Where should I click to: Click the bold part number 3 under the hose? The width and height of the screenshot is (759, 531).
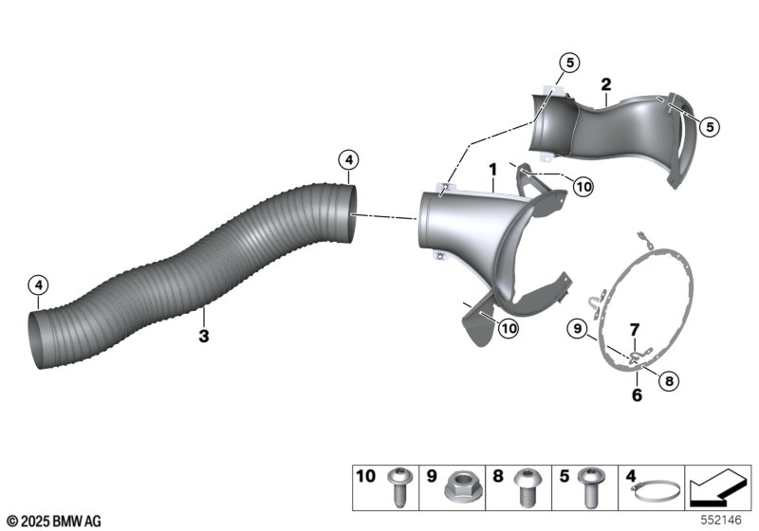click(204, 335)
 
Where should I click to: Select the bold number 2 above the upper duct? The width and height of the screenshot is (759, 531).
click(606, 84)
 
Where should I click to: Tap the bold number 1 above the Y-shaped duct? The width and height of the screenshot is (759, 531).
click(493, 170)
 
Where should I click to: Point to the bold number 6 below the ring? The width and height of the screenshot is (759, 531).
click(637, 395)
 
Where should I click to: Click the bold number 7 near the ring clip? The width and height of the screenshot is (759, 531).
click(634, 330)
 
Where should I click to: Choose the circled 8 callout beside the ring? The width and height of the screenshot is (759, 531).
click(669, 381)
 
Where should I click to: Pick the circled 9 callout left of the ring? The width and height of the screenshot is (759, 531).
click(578, 329)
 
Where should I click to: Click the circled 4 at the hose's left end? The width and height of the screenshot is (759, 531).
click(39, 284)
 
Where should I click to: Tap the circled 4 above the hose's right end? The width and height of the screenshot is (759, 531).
click(349, 160)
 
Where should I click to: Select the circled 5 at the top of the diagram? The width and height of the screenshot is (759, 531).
click(570, 63)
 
